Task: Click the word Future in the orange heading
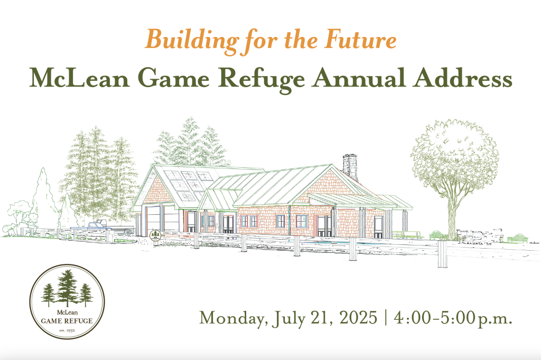(x=360, y=39)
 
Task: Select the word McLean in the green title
(x=79, y=78)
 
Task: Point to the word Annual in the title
(x=359, y=78)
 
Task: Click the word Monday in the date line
(x=234, y=318)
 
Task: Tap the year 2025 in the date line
(x=358, y=317)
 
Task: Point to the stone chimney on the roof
(x=350, y=168)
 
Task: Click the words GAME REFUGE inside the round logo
(x=67, y=321)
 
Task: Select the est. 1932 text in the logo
(x=67, y=330)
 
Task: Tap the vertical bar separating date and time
(x=385, y=317)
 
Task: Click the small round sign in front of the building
(x=155, y=235)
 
